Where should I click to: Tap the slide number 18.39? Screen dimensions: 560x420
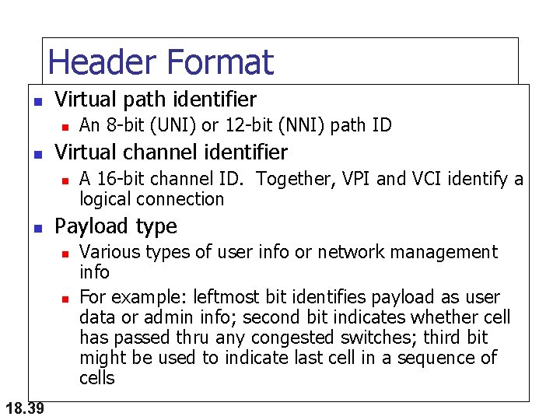click(x=23, y=407)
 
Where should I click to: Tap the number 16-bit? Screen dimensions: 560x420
click(x=117, y=180)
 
